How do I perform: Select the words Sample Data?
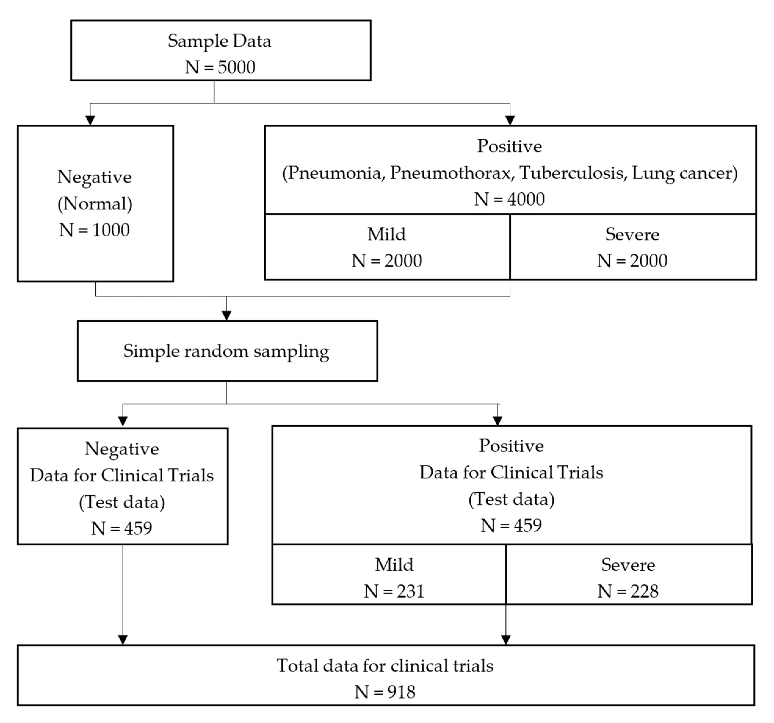point(219,41)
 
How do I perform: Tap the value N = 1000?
point(94,230)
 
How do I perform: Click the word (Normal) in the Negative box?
point(95,203)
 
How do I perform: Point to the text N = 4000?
point(509,199)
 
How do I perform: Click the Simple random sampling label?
point(226,351)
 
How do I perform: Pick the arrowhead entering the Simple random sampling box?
point(226,315)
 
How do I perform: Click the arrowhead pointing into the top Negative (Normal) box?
point(90,120)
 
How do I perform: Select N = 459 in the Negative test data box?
point(121,528)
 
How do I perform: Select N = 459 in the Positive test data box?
point(511,525)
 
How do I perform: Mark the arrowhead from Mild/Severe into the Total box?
point(506,640)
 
